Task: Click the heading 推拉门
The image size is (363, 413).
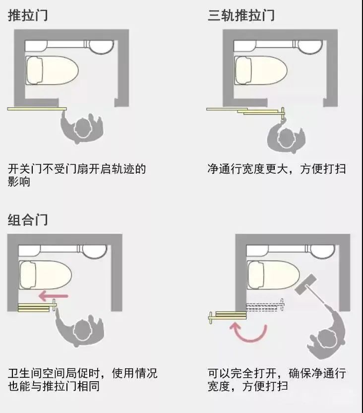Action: [28, 15]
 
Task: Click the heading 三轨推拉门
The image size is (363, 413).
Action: [241, 15]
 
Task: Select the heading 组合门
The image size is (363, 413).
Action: [28, 220]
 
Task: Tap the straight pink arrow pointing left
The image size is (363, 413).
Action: [54, 296]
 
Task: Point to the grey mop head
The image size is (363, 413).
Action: [305, 284]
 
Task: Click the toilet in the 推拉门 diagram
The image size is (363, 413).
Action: [52, 70]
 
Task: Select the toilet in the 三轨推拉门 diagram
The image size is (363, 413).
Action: [261, 70]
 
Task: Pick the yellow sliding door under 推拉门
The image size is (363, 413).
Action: [37, 109]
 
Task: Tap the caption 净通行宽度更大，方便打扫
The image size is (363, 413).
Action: [276, 169]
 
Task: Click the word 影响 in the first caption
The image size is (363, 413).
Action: [19, 182]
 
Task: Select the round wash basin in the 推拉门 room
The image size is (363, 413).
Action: [101, 47]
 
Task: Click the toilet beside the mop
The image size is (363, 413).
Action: [274, 275]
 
